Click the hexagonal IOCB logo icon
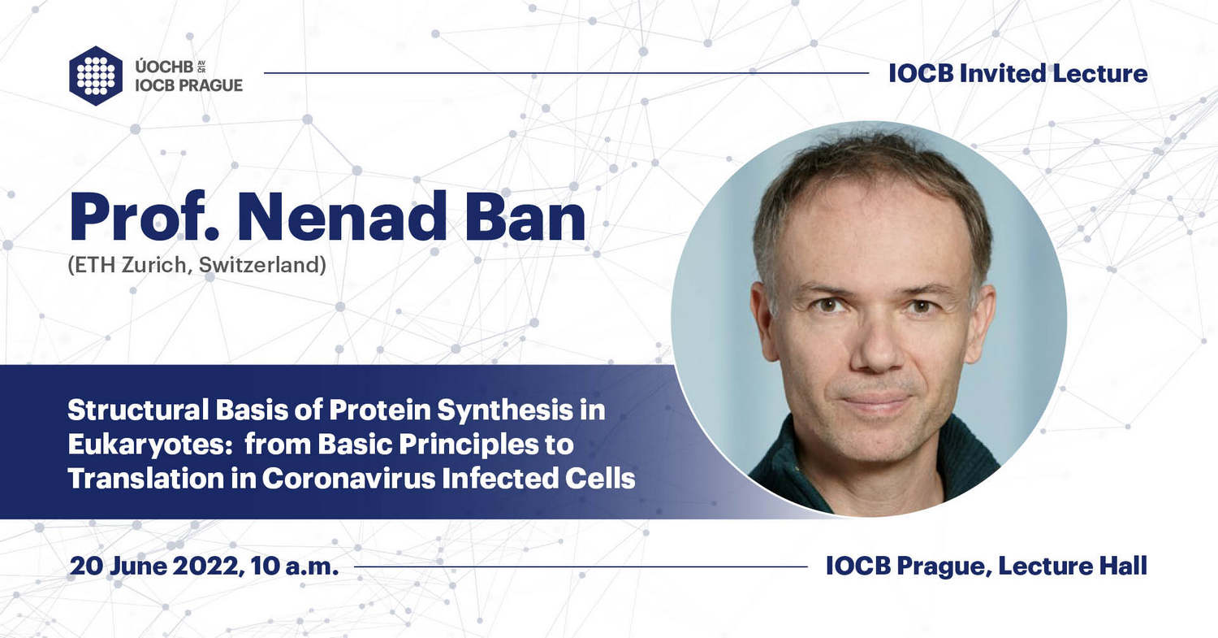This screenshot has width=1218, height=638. [96, 76]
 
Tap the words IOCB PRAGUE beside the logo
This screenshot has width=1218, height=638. [188, 85]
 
